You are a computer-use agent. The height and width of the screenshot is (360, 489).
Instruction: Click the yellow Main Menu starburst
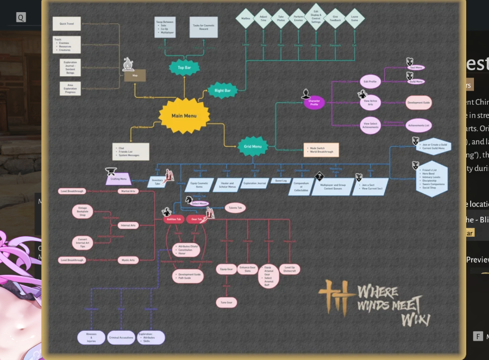click(x=184, y=116)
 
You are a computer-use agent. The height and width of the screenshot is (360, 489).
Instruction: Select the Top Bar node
click(x=184, y=68)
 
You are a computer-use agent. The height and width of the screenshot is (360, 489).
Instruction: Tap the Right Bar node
click(x=222, y=90)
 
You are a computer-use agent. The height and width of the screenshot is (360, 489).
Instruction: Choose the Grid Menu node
click(x=252, y=146)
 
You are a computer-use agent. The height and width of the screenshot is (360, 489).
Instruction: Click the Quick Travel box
click(x=66, y=24)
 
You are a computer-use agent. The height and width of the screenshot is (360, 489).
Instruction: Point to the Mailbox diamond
click(x=246, y=18)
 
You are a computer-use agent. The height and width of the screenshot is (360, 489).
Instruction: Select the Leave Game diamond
click(x=354, y=18)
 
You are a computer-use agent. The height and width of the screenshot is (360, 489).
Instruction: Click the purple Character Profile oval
click(x=314, y=103)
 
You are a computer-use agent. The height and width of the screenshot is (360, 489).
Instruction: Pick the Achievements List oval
click(x=418, y=125)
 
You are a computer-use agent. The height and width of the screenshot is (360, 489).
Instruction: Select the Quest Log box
click(x=281, y=181)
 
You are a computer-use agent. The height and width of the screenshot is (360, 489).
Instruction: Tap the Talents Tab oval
click(x=235, y=208)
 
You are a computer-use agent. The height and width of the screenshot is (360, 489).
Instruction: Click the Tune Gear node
click(x=226, y=302)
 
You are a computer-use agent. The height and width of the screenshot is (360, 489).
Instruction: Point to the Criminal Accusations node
click(x=121, y=337)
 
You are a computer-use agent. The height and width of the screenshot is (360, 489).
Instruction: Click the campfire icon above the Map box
click(x=128, y=64)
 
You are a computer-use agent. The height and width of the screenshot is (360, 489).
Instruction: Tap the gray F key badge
click(x=478, y=336)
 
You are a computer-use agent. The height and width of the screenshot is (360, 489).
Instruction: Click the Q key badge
click(x=20, y=18)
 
